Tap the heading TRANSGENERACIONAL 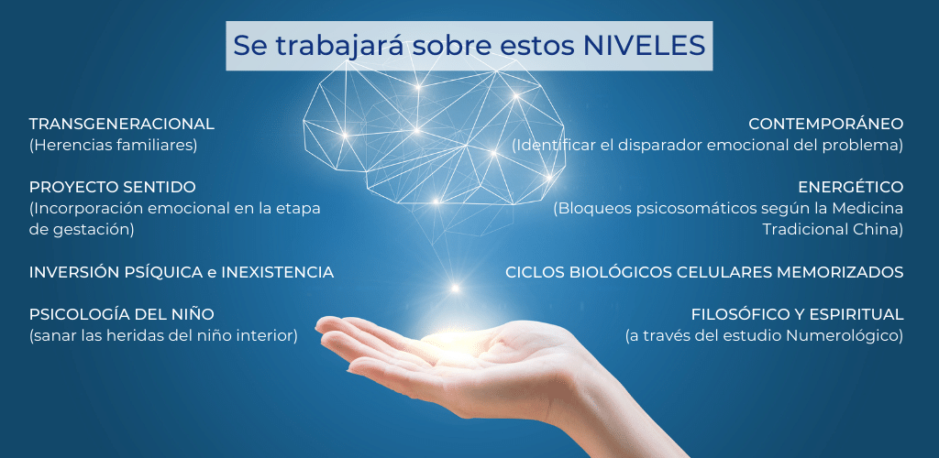click(x=122, y=125)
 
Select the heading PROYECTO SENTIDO click(x=112, y=187)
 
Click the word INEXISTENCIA click(x=277, y=273)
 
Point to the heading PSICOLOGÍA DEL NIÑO click(x=122, y=314)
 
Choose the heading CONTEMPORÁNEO click(x=826, y=124)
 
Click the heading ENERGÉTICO click(x=850, y=187)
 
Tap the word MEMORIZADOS click(x=840, y=273)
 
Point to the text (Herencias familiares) click(x=113, y=146)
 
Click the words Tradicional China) click(x=833, y=230)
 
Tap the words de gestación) click(x=82, y=230)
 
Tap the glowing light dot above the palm click(x=455, y=289)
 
